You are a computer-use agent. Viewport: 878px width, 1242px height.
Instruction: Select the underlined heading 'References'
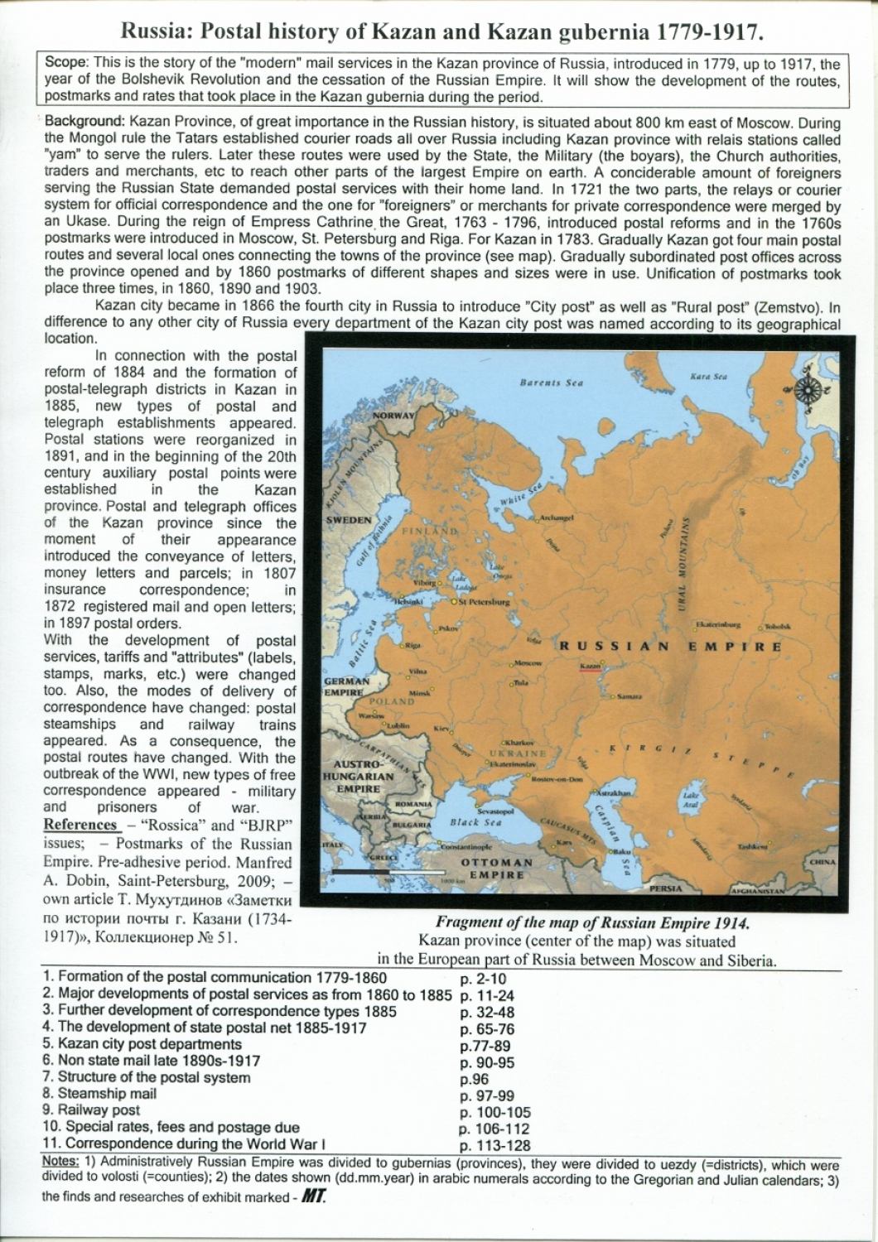[x=80, y=825]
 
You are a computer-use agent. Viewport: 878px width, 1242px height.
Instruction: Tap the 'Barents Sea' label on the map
[x=552, y=383]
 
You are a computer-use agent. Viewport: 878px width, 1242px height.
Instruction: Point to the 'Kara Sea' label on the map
[x=708, y=377]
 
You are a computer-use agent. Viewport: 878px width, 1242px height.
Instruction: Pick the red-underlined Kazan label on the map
[x=590, y=666]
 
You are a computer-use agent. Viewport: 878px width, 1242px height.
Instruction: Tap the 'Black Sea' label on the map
[x=475, y=822]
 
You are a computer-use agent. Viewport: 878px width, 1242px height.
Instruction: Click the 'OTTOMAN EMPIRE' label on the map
[x=497, y=868]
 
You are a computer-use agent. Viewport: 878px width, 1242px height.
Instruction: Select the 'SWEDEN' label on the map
[x=350, y=520]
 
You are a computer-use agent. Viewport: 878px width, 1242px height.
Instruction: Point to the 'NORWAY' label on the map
[x=393, y=415]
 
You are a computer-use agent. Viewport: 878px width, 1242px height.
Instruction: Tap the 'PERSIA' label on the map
[x=667, y=888]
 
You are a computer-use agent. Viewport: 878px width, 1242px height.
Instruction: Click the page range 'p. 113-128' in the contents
[x=494, y=1146]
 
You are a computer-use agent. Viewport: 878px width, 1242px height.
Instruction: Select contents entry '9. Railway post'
[x=91, y=1110]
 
